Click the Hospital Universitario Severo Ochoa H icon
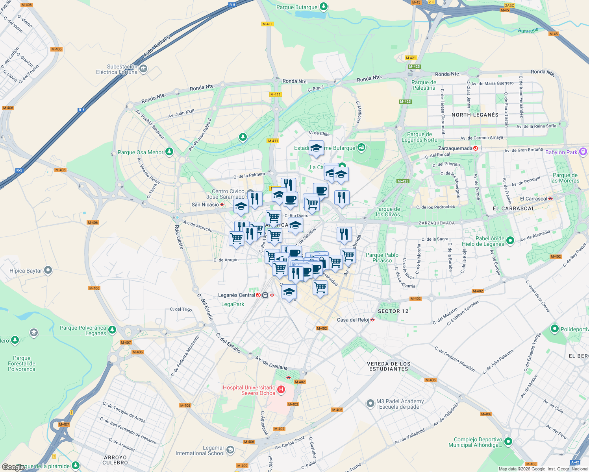[x=281, y=390]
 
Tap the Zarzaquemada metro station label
[x=455, y=148]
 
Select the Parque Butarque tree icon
[x=323, y=6]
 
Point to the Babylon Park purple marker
[x=583, y=152]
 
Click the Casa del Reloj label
[x=353, y=320]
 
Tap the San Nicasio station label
[x=205, y=205]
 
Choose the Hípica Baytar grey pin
[x=48, y=270]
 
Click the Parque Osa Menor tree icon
[x=169, y=152]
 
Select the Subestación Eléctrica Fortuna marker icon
[x=143, y=69]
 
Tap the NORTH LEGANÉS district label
[x=475, y=115]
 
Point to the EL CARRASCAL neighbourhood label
[x=514, y=208]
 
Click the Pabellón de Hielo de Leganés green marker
[x=510, y=240]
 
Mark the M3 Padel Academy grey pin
[x=370, y=404]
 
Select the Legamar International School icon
[x=230, y=450]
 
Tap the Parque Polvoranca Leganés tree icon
[x=112, y=330]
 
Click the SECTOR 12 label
[x=393, y=311]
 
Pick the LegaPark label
[x=233, y=304]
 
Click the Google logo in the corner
[x=13, y=467]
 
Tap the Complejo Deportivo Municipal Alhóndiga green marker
[x=508, y=441]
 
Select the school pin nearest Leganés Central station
[x=289, y=292]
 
